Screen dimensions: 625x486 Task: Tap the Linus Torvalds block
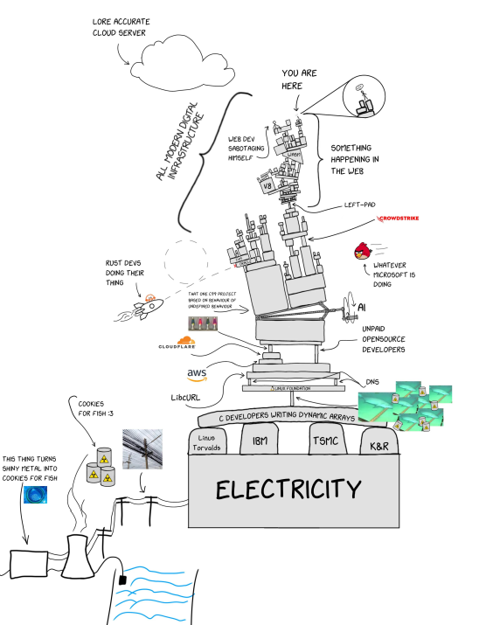213,442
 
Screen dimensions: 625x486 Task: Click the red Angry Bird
361,252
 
